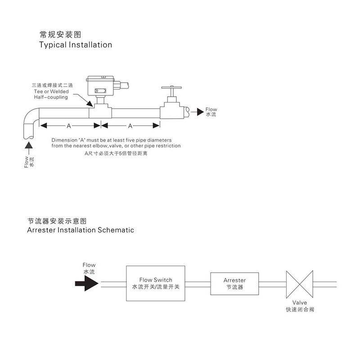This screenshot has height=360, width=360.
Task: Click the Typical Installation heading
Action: [76, 45]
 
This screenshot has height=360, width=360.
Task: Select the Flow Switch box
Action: [156, 283]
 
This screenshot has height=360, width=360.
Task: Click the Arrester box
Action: [234, 283]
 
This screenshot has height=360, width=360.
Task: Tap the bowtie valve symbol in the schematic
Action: [300, 283]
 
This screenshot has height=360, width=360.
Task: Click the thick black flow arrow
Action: [86, 283]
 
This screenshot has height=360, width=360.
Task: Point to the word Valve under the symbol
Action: [299, 303]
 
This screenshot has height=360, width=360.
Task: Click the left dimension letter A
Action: [68, 126]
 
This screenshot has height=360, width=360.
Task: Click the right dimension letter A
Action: [130, 126]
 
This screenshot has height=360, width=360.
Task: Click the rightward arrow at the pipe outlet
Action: [196, 110]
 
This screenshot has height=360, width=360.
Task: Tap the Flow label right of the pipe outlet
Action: [211, 109]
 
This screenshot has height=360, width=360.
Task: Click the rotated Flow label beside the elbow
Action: [26, 162]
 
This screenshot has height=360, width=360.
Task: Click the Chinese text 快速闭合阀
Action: [300, 310]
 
